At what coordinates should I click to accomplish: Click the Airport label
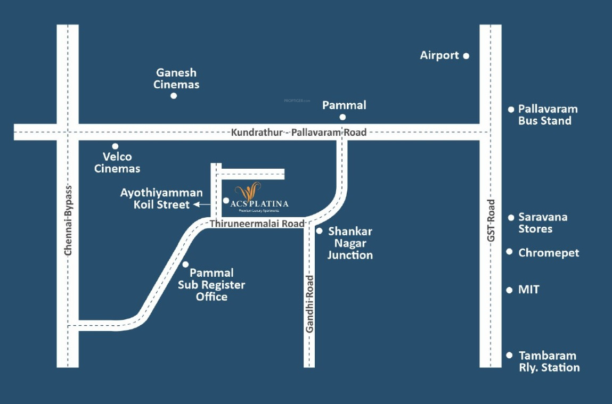point(439,55)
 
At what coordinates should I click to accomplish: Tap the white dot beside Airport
point(466,55)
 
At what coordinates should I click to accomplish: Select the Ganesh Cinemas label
point(176,78)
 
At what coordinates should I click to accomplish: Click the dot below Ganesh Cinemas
point(174,96)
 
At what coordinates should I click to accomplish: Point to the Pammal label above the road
point(344,105)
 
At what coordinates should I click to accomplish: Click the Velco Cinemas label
point(117,162)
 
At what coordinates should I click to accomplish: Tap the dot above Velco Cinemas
point(115,146)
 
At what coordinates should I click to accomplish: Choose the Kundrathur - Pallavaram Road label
point(299,132)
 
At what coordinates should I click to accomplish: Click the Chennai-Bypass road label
point(68,221)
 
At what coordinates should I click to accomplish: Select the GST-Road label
point(491,220)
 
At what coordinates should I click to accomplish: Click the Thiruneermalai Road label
point(256,224)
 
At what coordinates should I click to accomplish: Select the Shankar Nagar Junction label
point(350,243)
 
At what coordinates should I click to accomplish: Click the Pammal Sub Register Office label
point(211,285)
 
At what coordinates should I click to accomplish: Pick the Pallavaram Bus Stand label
point(548,115)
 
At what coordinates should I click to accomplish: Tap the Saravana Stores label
point(543,223)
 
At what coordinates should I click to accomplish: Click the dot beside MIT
point(510,290)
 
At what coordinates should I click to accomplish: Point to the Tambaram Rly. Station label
point(549,361)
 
